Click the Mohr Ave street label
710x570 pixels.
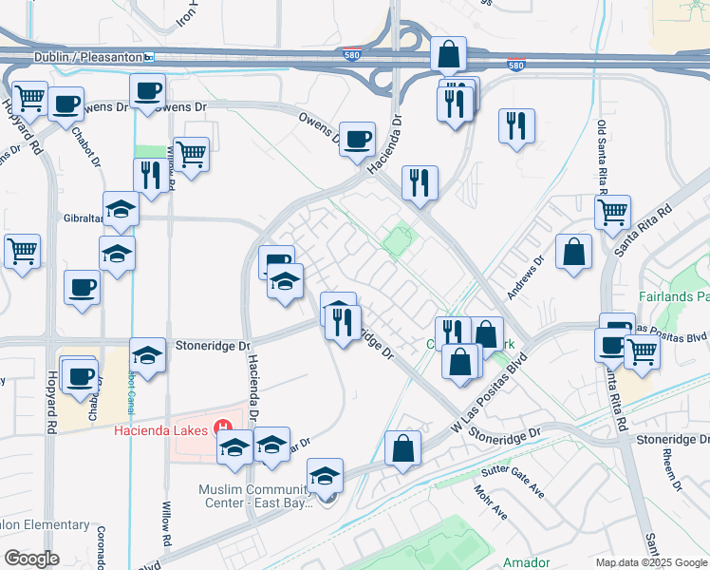click(x=490, y=504)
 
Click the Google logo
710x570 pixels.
click(x=31, y=559)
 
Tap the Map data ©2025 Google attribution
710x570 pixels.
click(x=649, y=562)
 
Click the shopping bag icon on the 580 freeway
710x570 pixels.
click(x=448, y=54)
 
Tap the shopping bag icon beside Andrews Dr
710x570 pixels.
click(x=574, y=253)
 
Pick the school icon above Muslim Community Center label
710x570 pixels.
click(x=326, y=476)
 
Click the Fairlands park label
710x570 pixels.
click(x=678, y=297)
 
